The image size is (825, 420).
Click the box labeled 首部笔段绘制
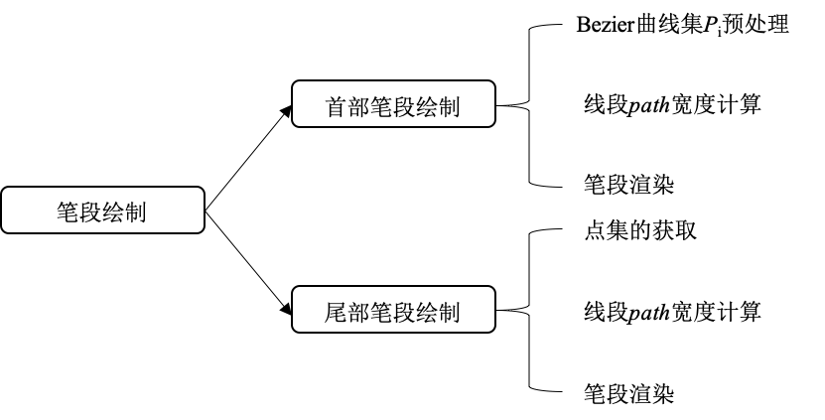coord(393,103)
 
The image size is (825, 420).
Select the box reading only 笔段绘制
coord(102,210)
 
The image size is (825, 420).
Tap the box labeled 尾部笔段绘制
coord(393,309)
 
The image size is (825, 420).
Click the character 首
coord(337,107)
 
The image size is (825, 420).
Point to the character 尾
coord(337,313)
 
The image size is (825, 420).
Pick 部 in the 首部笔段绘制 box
coord(359,107)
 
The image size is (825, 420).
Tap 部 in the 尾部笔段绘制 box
coord(359,313)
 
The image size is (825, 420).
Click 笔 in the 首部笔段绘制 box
coord(382,107)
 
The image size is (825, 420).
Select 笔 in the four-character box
coord(69,212)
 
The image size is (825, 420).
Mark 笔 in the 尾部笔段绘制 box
coord(382,313)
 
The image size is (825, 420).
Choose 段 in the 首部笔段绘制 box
coord(405,107)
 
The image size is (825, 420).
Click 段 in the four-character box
coord(91,212)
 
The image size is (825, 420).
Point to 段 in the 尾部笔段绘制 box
coord(405,313)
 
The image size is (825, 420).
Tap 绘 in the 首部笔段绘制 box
coord(428,107)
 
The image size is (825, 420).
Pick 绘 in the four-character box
coord(114,212)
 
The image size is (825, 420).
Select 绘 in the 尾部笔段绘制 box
coord(428,313)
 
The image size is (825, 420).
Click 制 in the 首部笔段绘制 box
coord(450,107)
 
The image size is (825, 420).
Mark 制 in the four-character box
coord(136,212)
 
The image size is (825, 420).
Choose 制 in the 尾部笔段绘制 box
coord(450,313)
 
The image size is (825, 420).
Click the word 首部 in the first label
coord(347,107)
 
